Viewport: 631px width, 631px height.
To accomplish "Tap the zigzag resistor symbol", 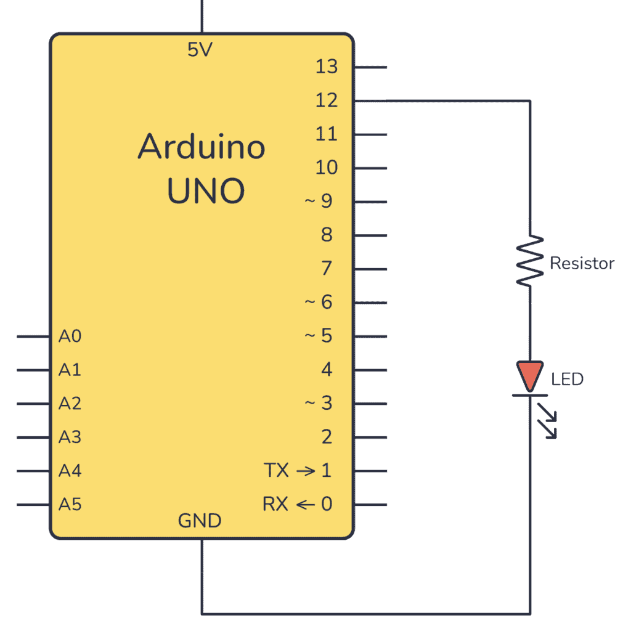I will coord(530,261).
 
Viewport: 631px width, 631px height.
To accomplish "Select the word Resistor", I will coord(582,264).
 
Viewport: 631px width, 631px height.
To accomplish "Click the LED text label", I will coord(567,379).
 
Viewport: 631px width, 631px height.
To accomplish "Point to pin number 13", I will coord(327,67).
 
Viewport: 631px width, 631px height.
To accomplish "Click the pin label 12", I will coord(327,100).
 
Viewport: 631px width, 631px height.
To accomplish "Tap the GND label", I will coord(200,521).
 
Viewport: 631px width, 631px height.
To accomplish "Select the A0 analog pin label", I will coord(70,336).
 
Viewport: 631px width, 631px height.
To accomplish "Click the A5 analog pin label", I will coord(70,505).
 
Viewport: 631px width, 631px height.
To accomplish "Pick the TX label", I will coord(277,471).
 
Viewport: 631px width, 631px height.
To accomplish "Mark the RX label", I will coord(275,505).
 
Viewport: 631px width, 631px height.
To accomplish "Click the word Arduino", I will coord(202,147).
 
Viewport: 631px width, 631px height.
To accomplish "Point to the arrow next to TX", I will coord(306,471).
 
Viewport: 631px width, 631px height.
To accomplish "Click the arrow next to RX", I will coord(306,505).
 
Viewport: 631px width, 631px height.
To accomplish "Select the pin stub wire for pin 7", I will coord(371,269).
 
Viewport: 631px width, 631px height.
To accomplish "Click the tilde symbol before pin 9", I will coord(310,202).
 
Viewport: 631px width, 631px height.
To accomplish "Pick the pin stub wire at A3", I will coord(34,438).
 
